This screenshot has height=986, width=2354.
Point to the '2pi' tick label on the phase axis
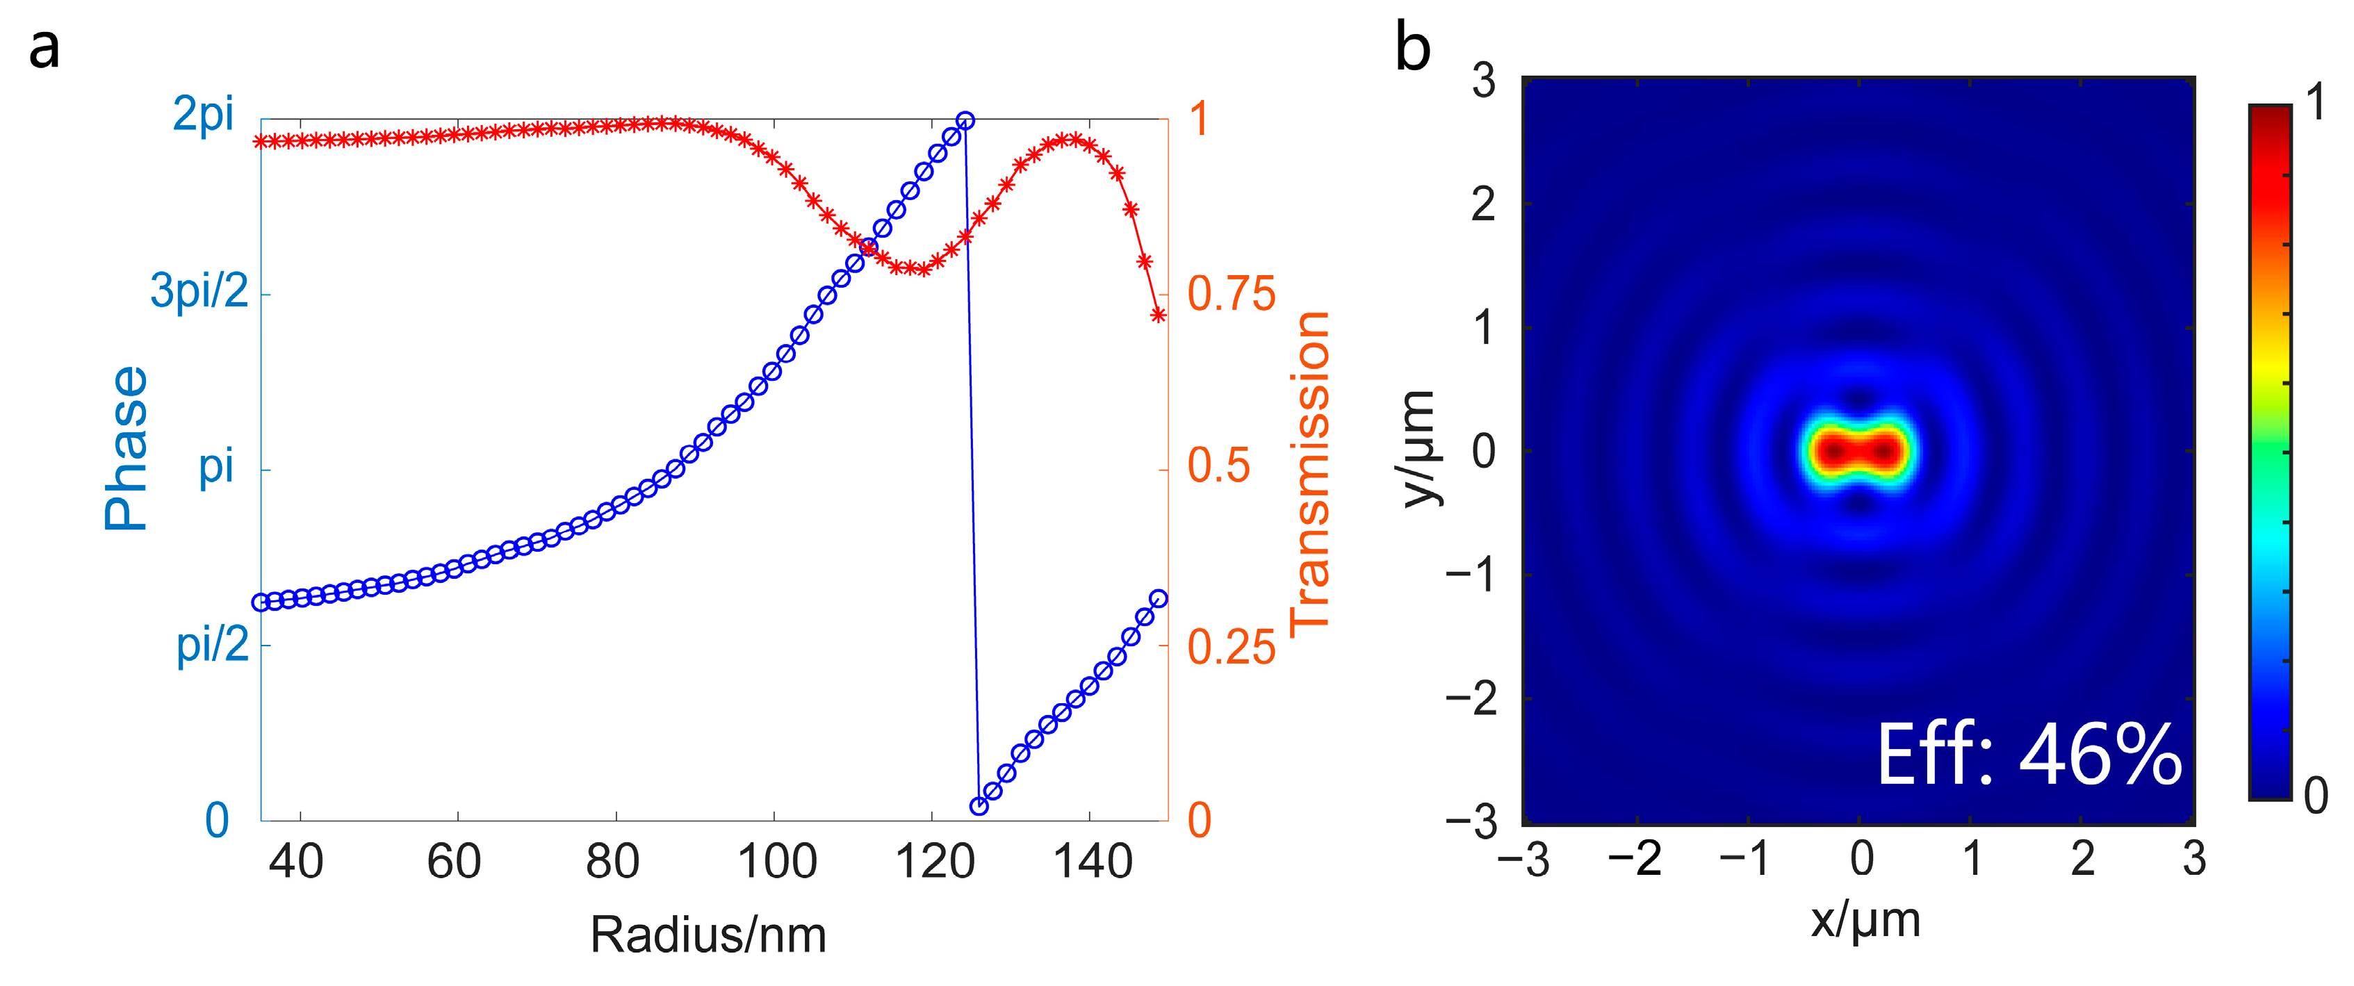point(203,115)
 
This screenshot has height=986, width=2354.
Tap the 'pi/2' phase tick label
point(211,645)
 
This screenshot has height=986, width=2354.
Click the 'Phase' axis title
point(125,447)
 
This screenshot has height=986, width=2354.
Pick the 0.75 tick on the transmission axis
point(1230,294)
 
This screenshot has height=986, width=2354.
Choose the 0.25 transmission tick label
point(1230,647)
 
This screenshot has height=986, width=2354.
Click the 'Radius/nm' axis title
point(708,935)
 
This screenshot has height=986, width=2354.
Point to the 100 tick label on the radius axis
point(776,862)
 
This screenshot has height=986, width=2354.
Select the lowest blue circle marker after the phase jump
point(979,806)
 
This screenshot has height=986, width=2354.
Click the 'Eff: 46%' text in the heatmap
point(2029,755)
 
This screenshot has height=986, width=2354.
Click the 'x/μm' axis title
point(1865,919)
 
